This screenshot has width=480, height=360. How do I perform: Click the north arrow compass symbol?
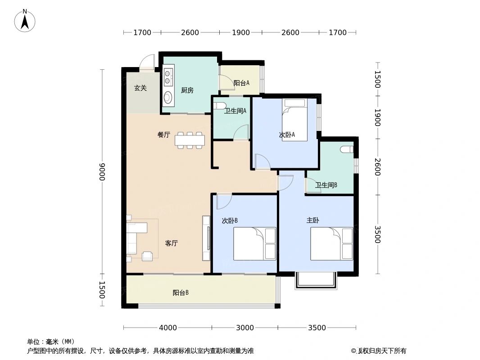coord(25,21)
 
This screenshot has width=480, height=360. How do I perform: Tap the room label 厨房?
coord(187,90)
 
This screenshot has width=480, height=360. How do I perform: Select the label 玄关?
coord(140,88)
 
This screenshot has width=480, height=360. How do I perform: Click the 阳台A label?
coord(241,83)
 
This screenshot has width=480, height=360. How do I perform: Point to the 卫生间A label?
coord(235,111)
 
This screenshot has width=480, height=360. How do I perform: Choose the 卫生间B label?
coord(326,185)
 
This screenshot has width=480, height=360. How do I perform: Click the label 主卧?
coord(313,220)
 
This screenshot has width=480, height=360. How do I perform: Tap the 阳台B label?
coord(181,293)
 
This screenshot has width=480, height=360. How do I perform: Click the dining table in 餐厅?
coord(190,140)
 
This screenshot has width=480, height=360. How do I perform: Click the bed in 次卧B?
coord(254,243)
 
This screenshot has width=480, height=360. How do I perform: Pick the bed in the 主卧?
coord(331,243)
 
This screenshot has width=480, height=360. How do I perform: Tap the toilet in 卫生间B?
coord(347,149)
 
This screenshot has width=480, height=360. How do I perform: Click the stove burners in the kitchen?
coord(168,77)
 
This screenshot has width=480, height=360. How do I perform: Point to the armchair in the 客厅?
coord(147,256)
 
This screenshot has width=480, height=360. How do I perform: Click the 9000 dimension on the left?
coord(102,171)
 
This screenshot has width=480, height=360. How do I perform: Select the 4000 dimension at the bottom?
coord(168,328)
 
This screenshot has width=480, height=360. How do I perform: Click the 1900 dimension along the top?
coord(240,32)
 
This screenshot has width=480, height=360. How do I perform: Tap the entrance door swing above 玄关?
coord(147,63)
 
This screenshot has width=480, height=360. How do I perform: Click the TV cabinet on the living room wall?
coord(206,238)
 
